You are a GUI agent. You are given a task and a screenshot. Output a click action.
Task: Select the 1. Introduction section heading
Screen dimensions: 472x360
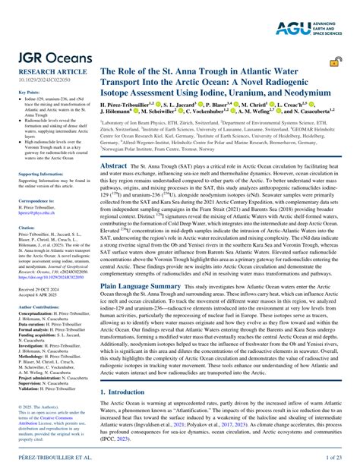click(x=125, y=392)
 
